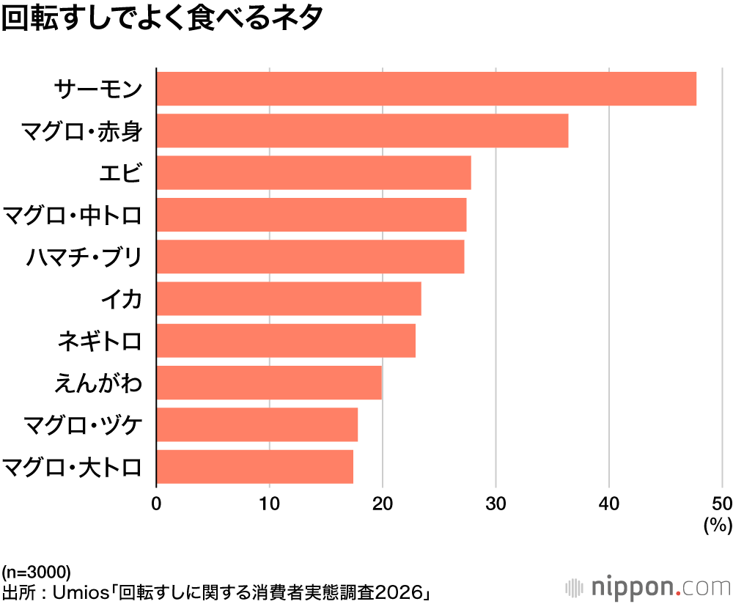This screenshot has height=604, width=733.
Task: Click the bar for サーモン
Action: (426, 89)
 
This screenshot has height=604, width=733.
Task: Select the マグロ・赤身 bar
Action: (362, 131)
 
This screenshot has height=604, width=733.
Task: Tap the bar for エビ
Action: (314, 173)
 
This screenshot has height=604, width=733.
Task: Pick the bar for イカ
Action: (289, 299)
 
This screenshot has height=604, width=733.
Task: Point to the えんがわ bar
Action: (269, 383)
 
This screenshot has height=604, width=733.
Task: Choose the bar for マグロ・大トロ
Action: (255, 467)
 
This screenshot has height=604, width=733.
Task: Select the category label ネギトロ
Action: (98, 342)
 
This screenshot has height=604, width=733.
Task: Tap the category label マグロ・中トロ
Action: (71, 216)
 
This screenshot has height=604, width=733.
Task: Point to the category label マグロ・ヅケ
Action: (81, 425)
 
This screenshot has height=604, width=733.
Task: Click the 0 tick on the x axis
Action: (156, 504)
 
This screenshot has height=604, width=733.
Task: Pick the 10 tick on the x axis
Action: (269, 504)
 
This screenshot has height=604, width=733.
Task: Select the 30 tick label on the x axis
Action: (496, 504)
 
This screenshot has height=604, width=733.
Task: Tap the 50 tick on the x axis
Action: (722, 504)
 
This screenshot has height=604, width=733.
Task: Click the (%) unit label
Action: (718, 524)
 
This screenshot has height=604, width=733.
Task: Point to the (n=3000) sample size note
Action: (36, 572)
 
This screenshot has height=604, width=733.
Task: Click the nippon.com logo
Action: (648, 587)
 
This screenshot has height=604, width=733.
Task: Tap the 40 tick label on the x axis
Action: (609, 504)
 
